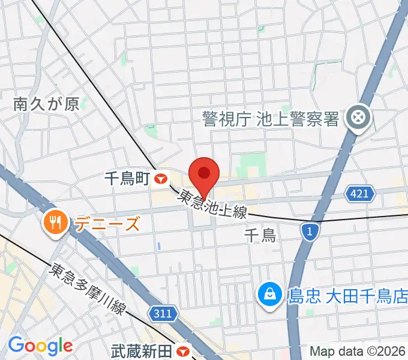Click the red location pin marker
(204, 175)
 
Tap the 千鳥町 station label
(127, 178)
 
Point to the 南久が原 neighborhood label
(46, 104)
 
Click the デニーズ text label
(107, 224)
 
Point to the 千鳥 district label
(260, 235)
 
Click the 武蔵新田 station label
(142, 351)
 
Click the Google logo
(40, 346)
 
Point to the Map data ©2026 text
(358, 351)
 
